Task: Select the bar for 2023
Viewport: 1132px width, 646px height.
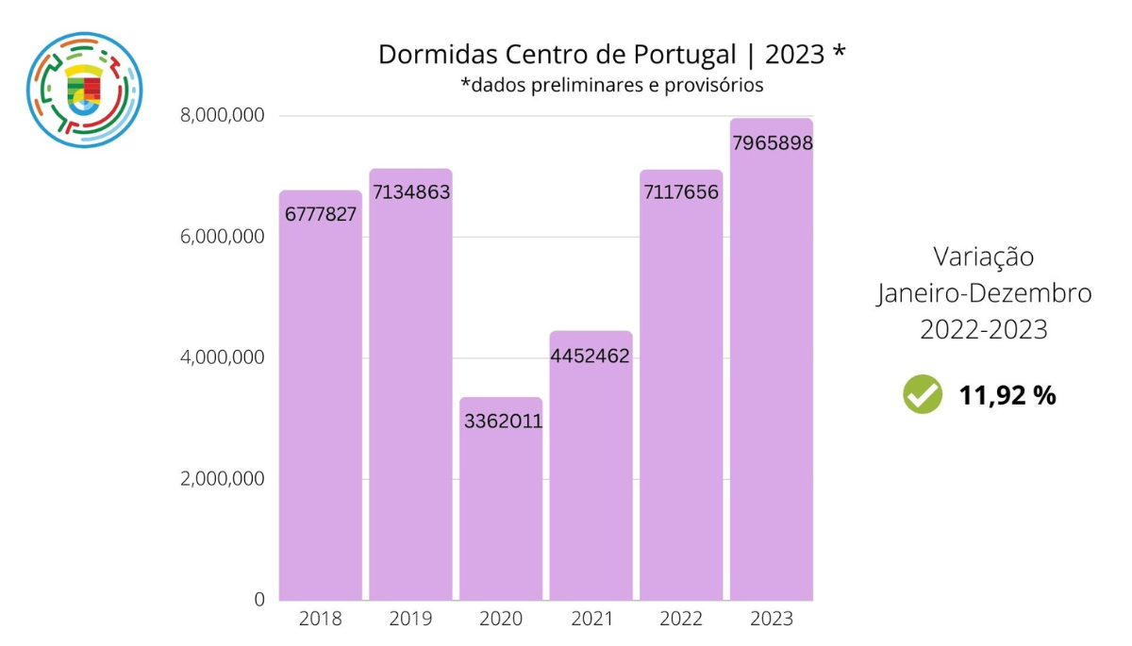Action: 772,377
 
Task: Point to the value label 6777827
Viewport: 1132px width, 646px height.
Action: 320,214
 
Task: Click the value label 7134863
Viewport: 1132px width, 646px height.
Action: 410,192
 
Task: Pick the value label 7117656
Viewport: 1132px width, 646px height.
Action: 680,192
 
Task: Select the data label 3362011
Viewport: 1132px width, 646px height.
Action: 503,422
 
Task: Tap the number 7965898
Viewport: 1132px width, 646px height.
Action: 772,143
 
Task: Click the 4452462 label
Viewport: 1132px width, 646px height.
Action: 591,356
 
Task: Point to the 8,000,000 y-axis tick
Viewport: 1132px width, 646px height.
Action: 222,116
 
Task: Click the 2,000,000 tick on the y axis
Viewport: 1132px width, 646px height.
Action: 222,479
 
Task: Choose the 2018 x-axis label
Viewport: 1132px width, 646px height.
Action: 320,620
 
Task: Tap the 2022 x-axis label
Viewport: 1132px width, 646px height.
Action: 680,620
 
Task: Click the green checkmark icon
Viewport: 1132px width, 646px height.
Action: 922,395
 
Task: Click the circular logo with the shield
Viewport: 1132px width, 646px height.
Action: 84,90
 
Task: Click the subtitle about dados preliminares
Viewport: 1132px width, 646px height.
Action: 611,85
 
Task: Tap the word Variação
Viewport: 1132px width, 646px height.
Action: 983,257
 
